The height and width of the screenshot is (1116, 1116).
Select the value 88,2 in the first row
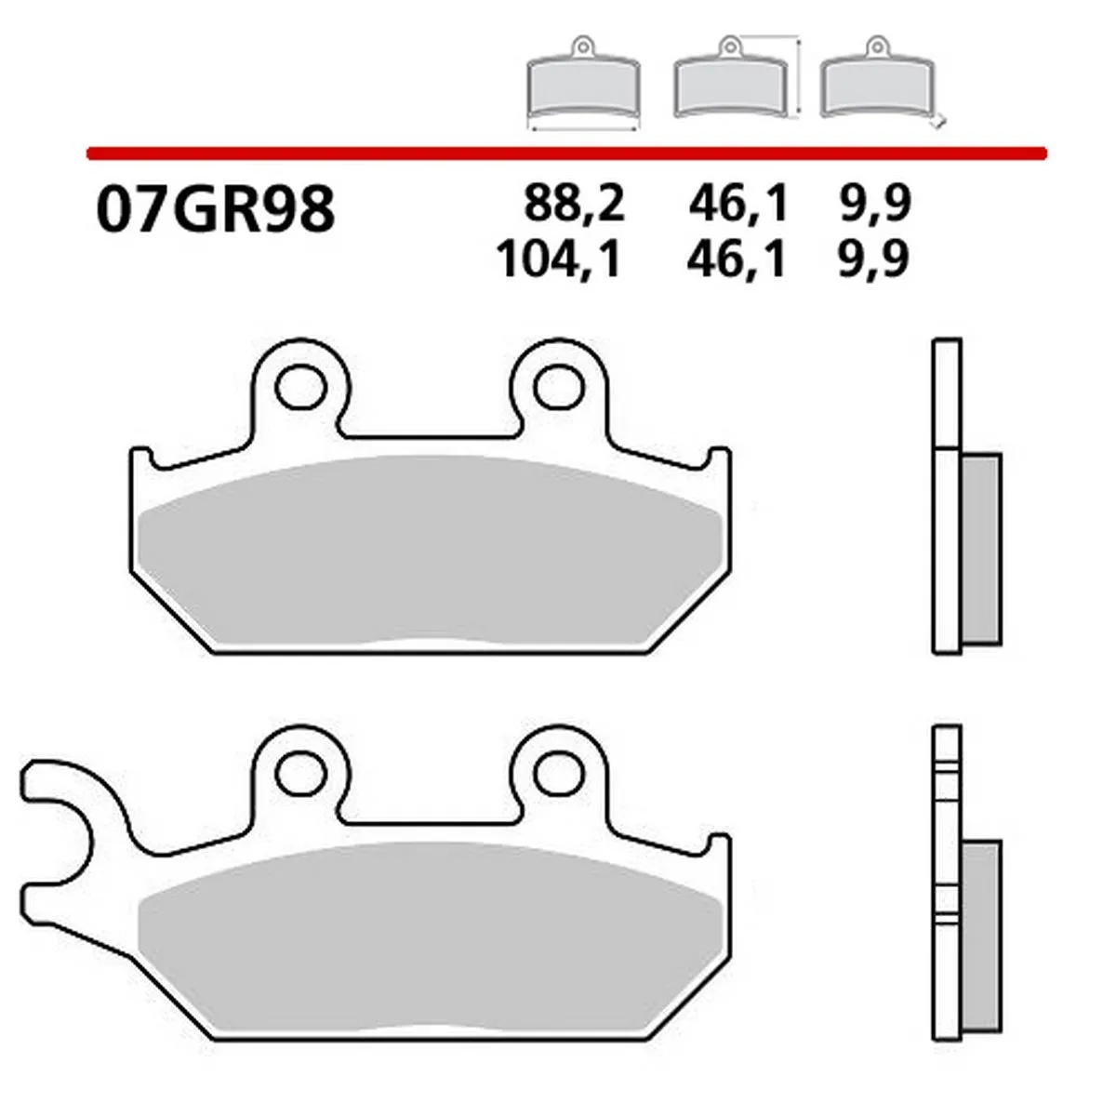click(x=574, y=204)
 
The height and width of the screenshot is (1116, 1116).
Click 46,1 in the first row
click(x=738, y=204)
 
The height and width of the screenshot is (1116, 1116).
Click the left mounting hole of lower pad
click(x=299, y=771)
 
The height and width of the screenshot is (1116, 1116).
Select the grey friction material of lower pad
click(x=428, y=939)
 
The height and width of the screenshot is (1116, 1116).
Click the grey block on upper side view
click(x=980, y=549)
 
